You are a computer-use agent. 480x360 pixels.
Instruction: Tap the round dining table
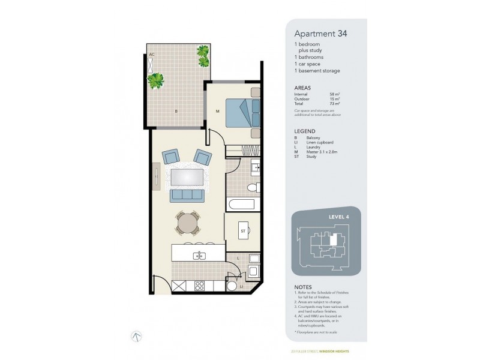pos(187,224)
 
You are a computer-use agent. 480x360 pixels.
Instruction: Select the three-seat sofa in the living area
pos(187,195)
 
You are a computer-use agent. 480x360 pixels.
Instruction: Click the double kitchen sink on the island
pos(200,256)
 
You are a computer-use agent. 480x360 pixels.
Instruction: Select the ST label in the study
pos(244,230)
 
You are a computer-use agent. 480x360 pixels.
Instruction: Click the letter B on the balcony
pos(175,112)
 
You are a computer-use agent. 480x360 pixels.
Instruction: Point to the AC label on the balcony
pos(152,54)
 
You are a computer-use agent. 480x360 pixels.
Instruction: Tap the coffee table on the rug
pos(187,177)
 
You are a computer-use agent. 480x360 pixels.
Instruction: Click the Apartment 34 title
pos(320,34)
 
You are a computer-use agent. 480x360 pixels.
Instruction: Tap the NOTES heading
pos(304,287)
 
